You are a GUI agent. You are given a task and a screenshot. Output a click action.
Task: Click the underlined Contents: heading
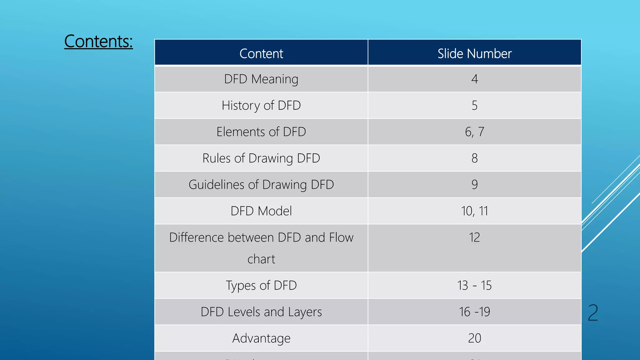tap(98, 41)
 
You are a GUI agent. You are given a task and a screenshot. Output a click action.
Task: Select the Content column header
tap(261, 53)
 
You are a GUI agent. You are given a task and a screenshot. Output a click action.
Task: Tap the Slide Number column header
tap(474, 53)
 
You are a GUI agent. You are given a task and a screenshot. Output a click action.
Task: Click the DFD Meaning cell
tap(261, 79)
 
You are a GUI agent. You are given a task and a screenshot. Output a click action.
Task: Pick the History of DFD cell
tap(261, 106)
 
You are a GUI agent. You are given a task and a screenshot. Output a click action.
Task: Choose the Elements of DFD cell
tap(261, 132)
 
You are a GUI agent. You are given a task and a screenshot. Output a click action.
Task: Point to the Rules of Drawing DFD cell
tap(261, 158)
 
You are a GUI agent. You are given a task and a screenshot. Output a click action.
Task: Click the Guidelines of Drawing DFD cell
tap(261, 185)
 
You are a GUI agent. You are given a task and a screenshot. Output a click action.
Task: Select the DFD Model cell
tap(261, 211)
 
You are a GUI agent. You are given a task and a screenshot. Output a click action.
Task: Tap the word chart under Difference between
tap(261, 259)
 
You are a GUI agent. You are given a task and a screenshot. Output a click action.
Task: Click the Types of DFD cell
tap(261, 285)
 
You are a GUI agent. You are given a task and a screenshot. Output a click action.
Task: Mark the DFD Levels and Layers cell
tap(261, 312)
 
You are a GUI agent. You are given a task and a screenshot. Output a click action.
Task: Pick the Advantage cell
tap(261, 338)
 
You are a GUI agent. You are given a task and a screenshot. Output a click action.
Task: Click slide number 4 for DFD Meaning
tap(474, 79)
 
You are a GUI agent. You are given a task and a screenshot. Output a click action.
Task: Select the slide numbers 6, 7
tap(474, 132)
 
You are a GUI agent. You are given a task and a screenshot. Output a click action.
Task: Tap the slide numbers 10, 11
tap(474, 211)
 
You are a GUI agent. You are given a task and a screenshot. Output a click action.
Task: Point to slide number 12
tap(474, 237)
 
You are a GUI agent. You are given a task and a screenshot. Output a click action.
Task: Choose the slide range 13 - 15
tap(474, 285)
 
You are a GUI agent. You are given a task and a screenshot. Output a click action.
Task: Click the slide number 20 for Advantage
tap(474, 338)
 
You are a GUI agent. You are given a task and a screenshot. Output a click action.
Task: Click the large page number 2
tap(593, 313)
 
